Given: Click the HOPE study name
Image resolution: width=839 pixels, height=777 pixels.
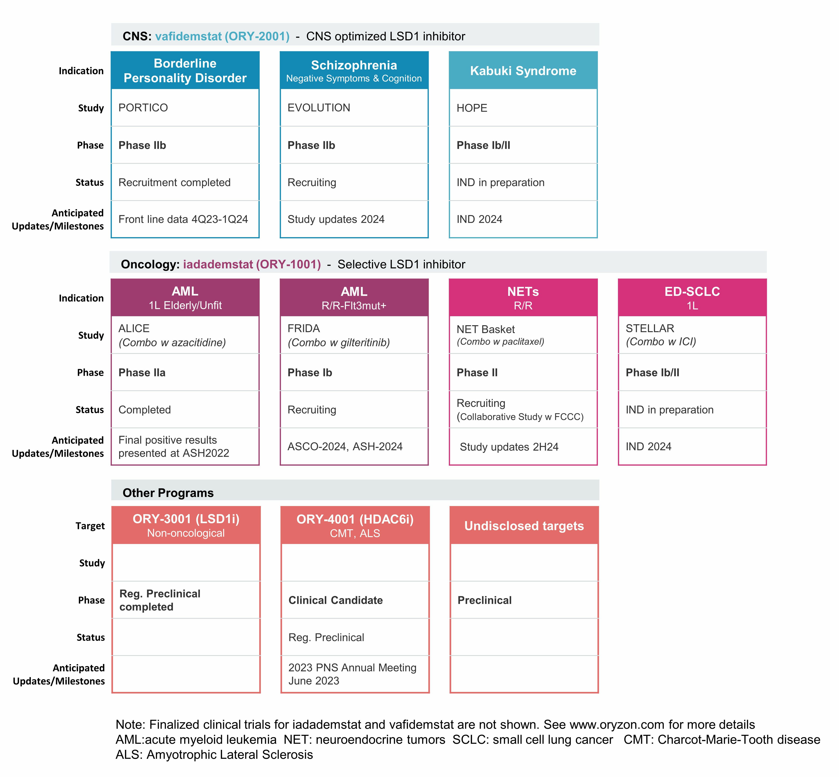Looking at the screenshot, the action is coord(472,108).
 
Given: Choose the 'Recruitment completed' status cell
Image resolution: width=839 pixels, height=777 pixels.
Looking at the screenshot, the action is coord(185,182).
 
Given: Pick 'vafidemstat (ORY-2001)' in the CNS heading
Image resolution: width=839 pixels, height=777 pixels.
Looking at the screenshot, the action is coord(222,36).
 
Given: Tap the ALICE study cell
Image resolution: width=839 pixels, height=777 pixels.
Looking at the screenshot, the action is coord(185,335).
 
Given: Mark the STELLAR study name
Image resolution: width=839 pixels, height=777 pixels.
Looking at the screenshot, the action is coord(650,328).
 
